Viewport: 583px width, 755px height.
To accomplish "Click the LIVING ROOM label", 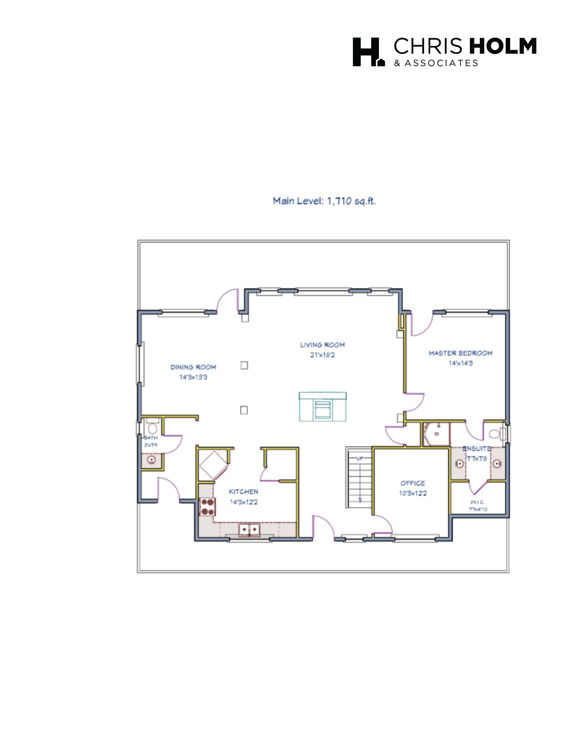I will [322, 345].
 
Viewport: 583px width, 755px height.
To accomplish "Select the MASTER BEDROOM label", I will [460, 353].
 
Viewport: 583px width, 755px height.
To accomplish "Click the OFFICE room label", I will [412, 483].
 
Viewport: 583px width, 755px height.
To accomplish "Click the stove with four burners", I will [207, 507].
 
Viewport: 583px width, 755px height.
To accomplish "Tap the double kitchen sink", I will [249, 529].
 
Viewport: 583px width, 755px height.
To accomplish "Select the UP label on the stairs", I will [360, 459].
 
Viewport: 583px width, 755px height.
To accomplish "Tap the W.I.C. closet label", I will [478, 502].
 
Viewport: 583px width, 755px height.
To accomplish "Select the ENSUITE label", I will [476, 449].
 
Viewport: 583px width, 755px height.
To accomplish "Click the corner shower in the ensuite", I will [436, 434].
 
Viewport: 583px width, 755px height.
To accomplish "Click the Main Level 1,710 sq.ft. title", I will [324, 201].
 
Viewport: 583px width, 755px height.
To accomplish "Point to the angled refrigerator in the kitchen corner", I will [213, 465].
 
